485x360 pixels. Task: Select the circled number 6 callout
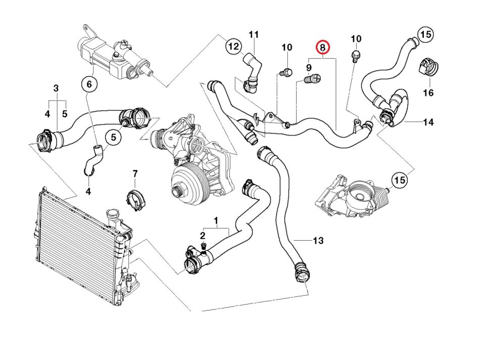(89, 84)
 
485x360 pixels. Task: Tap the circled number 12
(233, 47)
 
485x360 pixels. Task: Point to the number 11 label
(254, 34)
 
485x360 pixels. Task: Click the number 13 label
(318, 241)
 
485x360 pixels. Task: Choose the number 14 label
(428, 122)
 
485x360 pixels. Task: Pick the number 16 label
(428, 93)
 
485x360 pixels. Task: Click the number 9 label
(308, 67)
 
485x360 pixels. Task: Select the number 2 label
(203, 236)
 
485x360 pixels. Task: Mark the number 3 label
(56, 89)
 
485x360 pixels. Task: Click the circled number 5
(113, 137)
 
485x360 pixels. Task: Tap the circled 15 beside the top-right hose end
(425, 34)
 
